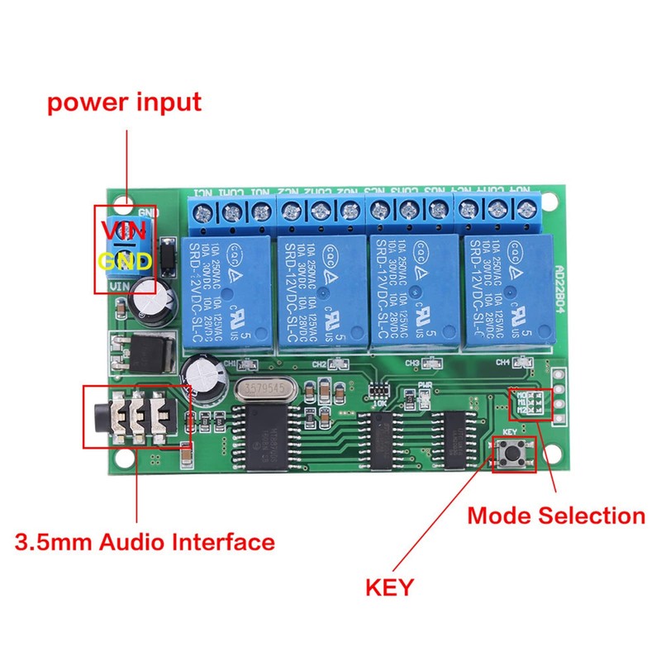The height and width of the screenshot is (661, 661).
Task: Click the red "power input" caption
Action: tap(124, 103)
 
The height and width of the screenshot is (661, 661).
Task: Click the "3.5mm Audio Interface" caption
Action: tap(145, 543)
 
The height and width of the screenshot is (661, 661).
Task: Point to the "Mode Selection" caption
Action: tap(555, 516)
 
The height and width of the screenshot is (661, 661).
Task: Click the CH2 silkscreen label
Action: tap(319, 364)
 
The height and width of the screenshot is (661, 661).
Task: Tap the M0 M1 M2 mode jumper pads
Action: tap(530, 404)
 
